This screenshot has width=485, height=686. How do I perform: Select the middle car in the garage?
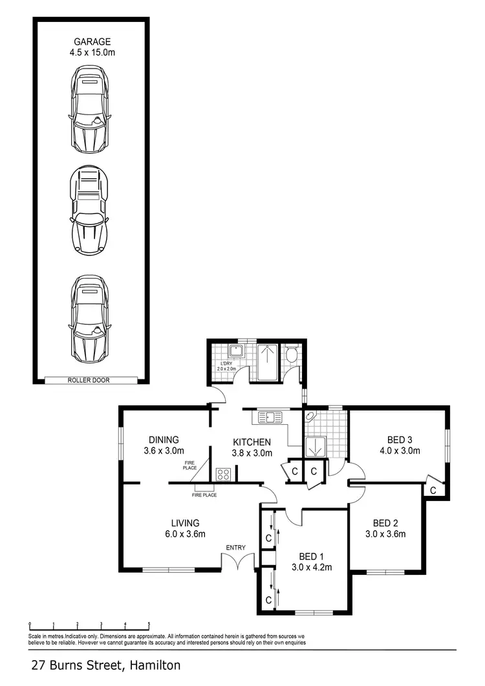pos(89,204)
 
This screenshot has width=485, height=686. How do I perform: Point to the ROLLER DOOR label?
pos(90,381)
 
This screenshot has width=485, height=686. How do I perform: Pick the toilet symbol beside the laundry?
pos(290,355)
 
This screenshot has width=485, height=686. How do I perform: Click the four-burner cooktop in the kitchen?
pos(224,474)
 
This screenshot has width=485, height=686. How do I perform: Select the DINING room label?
pos(163,440)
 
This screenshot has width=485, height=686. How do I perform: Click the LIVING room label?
pos(185,523)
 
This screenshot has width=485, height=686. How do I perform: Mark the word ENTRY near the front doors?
pos(235,548)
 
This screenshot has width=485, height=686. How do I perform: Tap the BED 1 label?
pos(311,557)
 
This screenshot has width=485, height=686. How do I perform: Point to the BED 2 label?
pos(385,523)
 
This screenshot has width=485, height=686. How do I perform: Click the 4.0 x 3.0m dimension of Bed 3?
pos(400,451)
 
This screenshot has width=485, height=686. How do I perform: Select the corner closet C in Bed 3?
pos(433,491)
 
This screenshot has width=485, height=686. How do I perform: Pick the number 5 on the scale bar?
pos(149,625)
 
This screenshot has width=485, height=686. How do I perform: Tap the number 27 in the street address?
pos(38,665)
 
